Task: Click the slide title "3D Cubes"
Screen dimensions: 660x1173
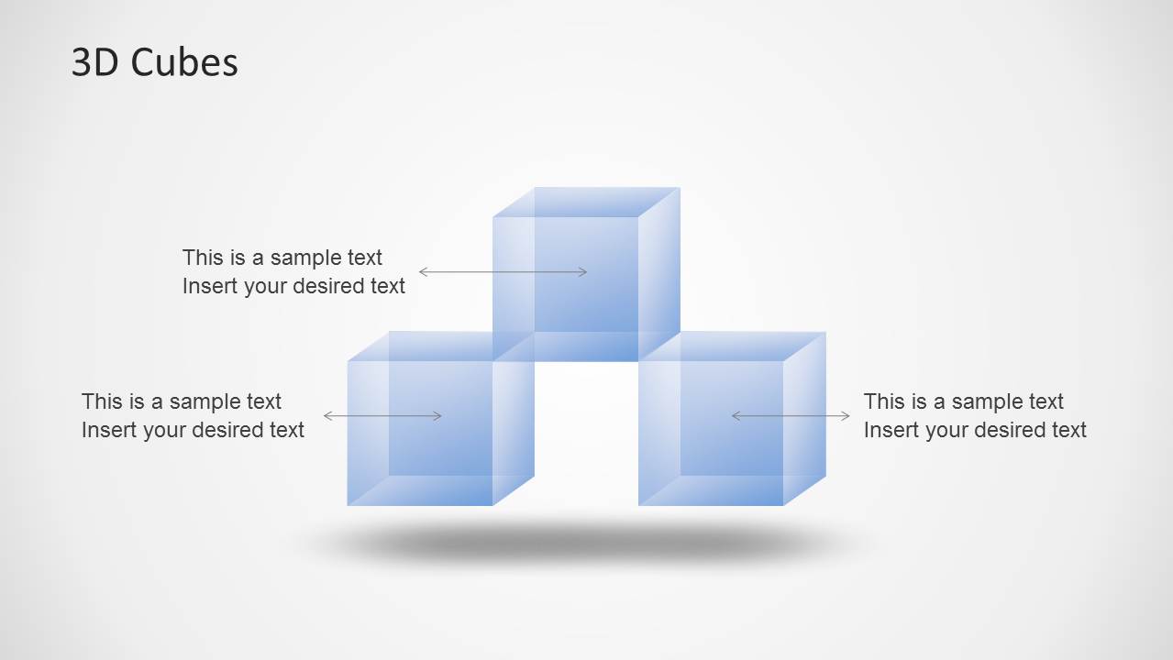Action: pyautogui.click(x=154, y=62)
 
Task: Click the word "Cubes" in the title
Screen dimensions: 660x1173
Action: pyautogui.click(x=183, y=62)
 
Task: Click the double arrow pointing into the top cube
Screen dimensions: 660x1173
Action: pyautogui.click(x=503, y=272)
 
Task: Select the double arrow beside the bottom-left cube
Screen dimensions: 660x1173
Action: pyautogui.click(x=382, y=416)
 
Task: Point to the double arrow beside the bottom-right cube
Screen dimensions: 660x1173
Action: pyautogui.click(x=791, y=416)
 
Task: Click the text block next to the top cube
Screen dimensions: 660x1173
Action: pyautogui.click(x=293, y=271)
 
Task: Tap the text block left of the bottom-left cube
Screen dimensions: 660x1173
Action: pyautogui.click(x=193, y=415)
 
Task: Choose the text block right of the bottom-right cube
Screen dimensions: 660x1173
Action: pyautogui.click(x=975, y=415)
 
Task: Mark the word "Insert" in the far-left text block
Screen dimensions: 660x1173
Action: pyautogui.click(x=107, y=430)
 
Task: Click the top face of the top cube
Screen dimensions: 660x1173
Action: pyautogui.click(x=585, y=202)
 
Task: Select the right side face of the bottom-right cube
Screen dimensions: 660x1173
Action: pyautogui.click(x=805, y=417)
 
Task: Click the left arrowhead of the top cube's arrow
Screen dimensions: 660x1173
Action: pyautogui.click(x=423, y=272)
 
